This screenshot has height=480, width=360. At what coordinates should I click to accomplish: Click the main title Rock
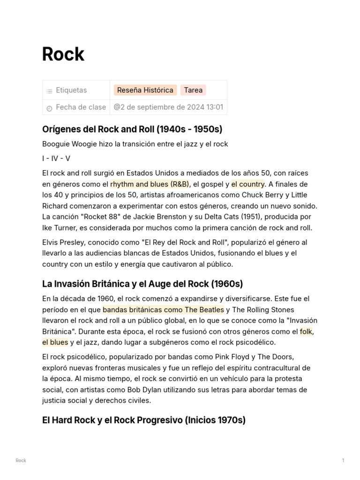(x=63, y=54)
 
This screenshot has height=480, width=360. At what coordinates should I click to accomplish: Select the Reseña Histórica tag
(x=145, y=90)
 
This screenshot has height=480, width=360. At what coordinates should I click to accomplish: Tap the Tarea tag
(x=193, y=90)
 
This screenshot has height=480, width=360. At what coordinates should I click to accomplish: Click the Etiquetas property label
(x=71, y=90)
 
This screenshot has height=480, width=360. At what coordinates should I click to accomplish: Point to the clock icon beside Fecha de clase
(x=49, y=108)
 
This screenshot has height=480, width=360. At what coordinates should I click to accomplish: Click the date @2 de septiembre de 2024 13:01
(x=168, y=107)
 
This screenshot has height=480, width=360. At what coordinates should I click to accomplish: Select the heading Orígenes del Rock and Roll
(x=132, y=129)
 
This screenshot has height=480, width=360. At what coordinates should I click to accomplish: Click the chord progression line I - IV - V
(x=56, y=158)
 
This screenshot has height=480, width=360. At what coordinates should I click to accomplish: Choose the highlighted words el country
(x=248, y=184)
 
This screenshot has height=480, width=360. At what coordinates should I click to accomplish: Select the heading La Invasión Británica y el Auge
(x=142, y=284)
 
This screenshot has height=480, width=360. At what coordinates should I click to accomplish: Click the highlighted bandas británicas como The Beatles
(x=163, y=309)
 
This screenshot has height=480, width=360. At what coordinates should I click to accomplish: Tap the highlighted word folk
(x=306, y=331)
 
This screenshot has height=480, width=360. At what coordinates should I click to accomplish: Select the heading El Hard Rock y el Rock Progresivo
(x=143, y=420)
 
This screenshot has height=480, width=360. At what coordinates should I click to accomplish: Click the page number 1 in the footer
(x=343, y=460)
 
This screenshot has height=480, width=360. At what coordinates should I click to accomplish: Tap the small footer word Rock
(x=21, y=460)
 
